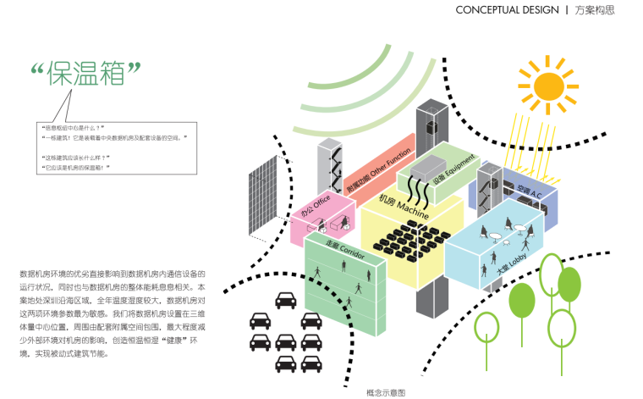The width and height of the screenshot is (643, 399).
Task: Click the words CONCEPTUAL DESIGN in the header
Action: (507, 10)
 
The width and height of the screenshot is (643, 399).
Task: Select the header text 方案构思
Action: (594, 10)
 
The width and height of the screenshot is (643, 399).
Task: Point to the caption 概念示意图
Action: (386, 392)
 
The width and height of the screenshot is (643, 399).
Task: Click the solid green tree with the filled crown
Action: (520, 300)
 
